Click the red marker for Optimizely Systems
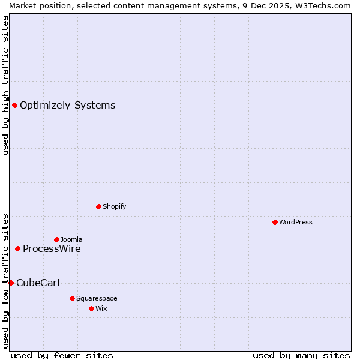pos(14,106)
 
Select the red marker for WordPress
pos(275,222)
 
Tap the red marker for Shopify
pos(98,206)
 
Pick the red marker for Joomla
pos(56,239)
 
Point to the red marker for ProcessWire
pos(17,248)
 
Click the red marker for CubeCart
pos(11,283)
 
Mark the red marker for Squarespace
pos(72,298)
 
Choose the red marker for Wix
pos(91,308)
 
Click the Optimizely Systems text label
pos(67,106)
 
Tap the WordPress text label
pos(296,222)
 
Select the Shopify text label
pos(114,206)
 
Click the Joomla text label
pos(71,239)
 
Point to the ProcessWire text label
pos(52,249)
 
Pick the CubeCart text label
pos(38,283)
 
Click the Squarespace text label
pos(97,298)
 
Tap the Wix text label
pos(101,308)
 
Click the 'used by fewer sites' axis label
pos(62,355)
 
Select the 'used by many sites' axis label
pos(301,355)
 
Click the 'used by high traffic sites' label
pos(5,85)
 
